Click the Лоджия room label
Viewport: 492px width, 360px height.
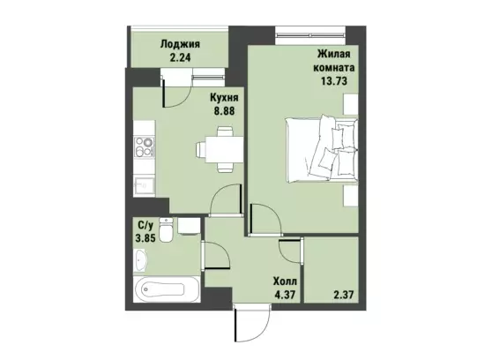tap(180, 44)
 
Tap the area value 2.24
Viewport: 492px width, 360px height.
tap(180, 58)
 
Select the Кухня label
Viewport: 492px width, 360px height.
tap(224, 98)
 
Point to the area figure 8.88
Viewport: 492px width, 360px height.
tap(224, 111)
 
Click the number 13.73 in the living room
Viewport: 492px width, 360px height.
tap(334, 81)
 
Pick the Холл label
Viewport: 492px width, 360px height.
tap(285, 281)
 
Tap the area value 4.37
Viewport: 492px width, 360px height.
tap(285, 295)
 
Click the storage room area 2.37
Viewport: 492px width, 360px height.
tap(343, 295)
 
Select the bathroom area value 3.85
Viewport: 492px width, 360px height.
tap(145, 238)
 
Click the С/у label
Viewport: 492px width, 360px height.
tap(145, 225)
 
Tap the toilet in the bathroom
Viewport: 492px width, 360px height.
tap(166, 229)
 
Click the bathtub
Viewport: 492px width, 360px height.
tap(167, 289)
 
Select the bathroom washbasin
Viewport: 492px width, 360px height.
tap(140, 260)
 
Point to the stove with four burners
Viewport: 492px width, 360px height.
tap(145, 147)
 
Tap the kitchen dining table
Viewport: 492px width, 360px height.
tap(224, 149)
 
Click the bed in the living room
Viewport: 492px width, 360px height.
tap(322, 149)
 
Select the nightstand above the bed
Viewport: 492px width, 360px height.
tap(351, 104)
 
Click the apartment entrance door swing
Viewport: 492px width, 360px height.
tap(252, 323)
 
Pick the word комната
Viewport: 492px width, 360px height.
tap(334, 67)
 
